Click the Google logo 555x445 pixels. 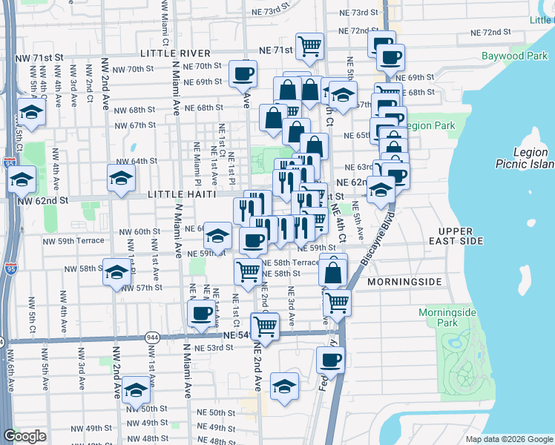(x=24, y=436)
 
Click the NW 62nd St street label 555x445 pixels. (x=42, y=200)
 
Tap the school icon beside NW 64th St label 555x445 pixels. (x=122, y=177)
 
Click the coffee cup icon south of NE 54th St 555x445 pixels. (x=331, y=360)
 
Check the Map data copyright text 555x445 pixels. (x=508, y=439)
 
